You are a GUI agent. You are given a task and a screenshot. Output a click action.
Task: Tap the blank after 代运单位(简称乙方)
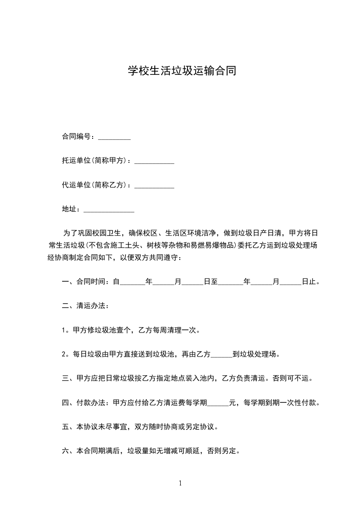154,186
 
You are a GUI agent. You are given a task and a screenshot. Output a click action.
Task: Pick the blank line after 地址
109,210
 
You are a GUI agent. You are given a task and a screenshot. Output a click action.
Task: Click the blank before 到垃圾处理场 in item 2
222,354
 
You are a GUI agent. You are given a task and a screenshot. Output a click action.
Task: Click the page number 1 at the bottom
180,483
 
